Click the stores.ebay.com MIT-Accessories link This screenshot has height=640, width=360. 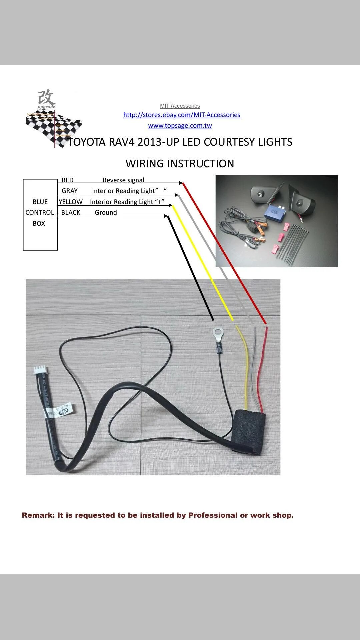tap(182, 115)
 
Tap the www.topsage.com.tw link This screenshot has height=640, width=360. tap(180, 126)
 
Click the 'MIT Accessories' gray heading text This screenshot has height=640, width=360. tap(180, 106)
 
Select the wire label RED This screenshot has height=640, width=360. tap(67, 180)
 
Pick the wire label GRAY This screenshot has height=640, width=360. tap(69, 191)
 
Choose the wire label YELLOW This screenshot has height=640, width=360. tap(71, 202)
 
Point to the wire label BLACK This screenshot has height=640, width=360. tap(71, 213)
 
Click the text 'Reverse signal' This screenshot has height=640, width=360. tap(123, 180)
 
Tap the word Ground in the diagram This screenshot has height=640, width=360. tap(106, 213)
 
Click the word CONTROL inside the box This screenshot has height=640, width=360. tap(40, 213)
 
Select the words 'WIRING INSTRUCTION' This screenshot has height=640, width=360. tap(180, 164)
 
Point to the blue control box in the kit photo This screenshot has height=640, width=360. tap(276, 213)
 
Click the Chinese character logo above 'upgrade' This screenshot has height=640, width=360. tap(46, 97)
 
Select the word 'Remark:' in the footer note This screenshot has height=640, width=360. tap(38, 515)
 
